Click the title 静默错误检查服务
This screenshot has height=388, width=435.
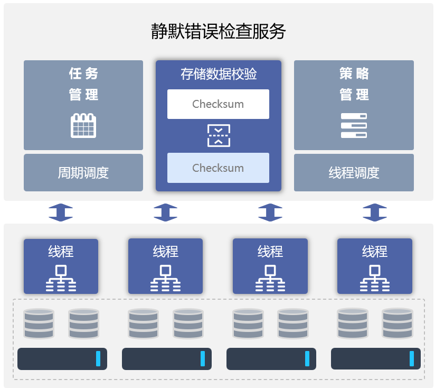pyautogui.click(x=218, y=32)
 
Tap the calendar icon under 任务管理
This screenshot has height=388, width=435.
pyautogui.click(x=83, y=125)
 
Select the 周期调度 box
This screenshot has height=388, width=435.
pyautogui.click(x=83, y=173)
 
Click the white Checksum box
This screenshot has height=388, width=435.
pyautogui.click(x=218, y=104)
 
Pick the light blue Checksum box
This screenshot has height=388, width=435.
pyautogui.click(x=218, y=168)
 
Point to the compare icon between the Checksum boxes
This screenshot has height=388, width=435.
pyautogui.click(x=218, y=136)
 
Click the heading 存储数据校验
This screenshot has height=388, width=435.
pyautogui.click(x=218, y=74)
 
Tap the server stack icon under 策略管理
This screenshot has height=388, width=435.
pyautogui.click(x=354, y=126)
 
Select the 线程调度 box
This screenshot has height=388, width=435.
pyautogui.click(x=354, y=173)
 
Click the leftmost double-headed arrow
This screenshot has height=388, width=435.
pyautogui.click(x=61, y=213)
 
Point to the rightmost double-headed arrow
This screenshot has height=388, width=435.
pyautogui.click(x=375, y=213)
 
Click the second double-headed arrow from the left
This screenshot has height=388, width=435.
pyautogui.click(x=165, y=213)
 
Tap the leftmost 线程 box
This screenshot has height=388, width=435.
pyautogui.click(x=61, y=266)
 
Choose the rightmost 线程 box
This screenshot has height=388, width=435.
pyautogui.click(x=375, y=266)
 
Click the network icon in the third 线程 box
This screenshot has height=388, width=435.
pyautogui.click(x=270, y=278)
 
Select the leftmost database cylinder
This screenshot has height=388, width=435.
pyautogui.click(x=39, y=324)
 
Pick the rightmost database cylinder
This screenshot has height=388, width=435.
pyautogui.click(x=398, y=324)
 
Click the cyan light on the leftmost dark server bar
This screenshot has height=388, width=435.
pyautogui.click(x=98, y=358)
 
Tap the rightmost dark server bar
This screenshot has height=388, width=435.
pyautogui.click(x=375, y=359)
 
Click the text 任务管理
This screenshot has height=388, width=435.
pyautogui.click(x=83, y=84)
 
